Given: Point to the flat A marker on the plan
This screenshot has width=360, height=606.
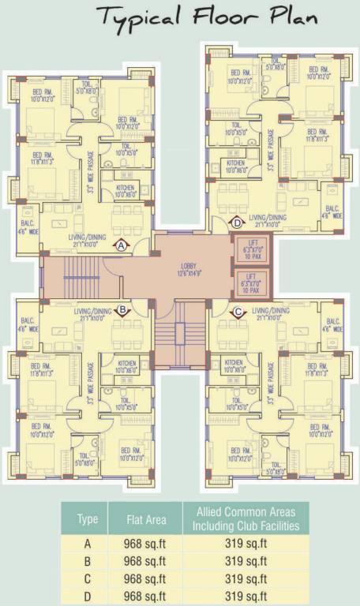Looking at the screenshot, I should (x=122, y=245).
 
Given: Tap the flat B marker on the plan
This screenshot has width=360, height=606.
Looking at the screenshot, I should (x=122, y=310).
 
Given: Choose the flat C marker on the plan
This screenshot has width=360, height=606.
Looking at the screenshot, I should (x=238, y=310).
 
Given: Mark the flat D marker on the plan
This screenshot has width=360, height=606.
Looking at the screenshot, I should (x=238, y=223).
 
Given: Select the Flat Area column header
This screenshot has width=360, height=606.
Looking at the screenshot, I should (x=146, y=518).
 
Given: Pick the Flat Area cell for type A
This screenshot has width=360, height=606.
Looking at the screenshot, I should (x=146, y=544).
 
